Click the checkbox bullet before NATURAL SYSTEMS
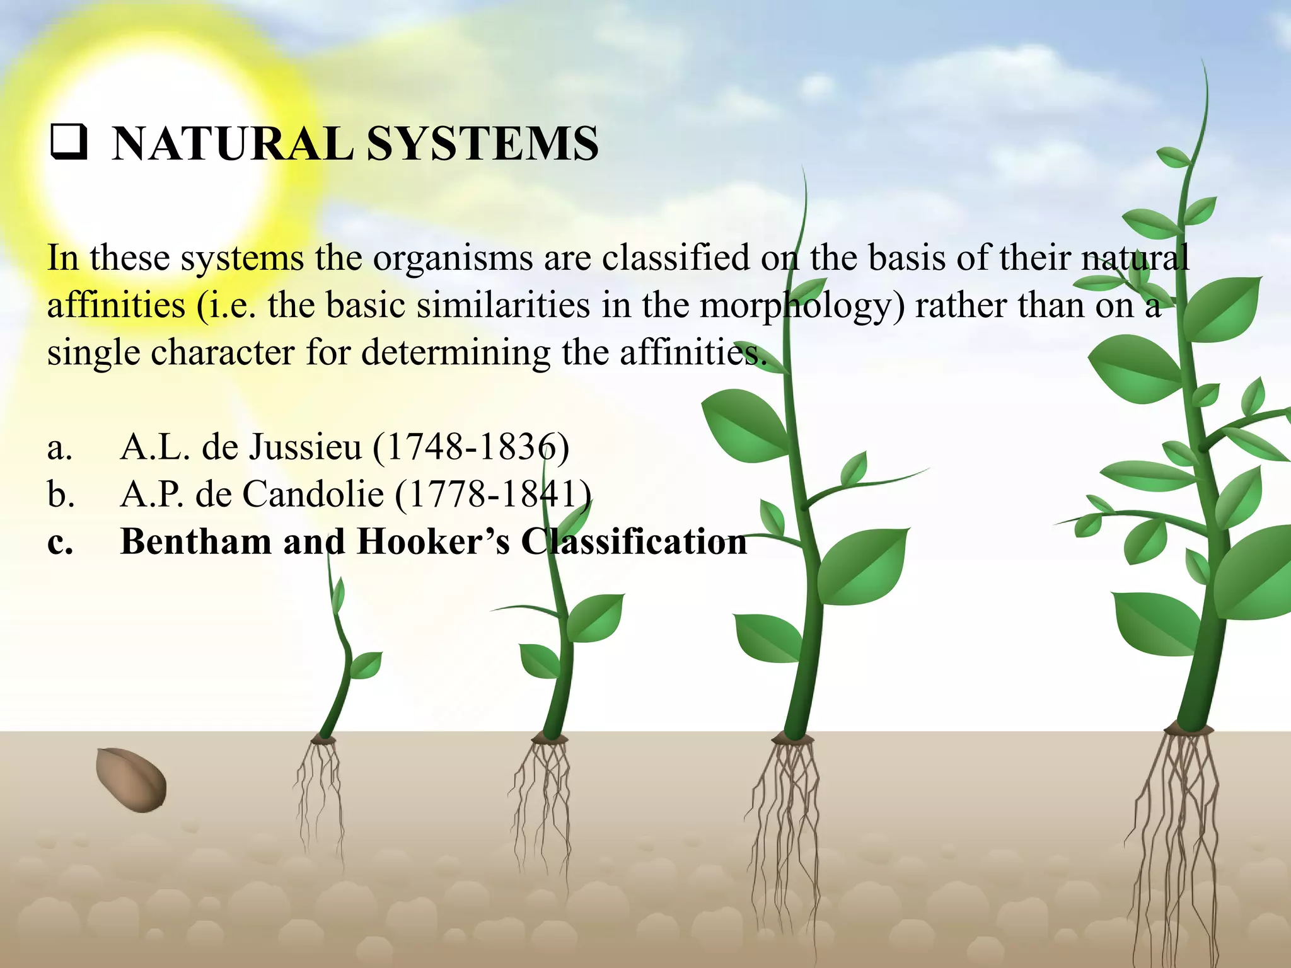[x=69, y=143]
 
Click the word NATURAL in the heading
[x=232, y=144]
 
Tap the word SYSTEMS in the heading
[x=482, y=144]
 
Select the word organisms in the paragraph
[x=453, y=258]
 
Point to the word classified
[x=675, y=258]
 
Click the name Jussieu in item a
[x=306, y=447]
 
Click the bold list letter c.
[x=60, y=543]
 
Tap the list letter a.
[x=59, y=448]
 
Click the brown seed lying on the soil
[x=131, y=780]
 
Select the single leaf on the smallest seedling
[x=366, y=664]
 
